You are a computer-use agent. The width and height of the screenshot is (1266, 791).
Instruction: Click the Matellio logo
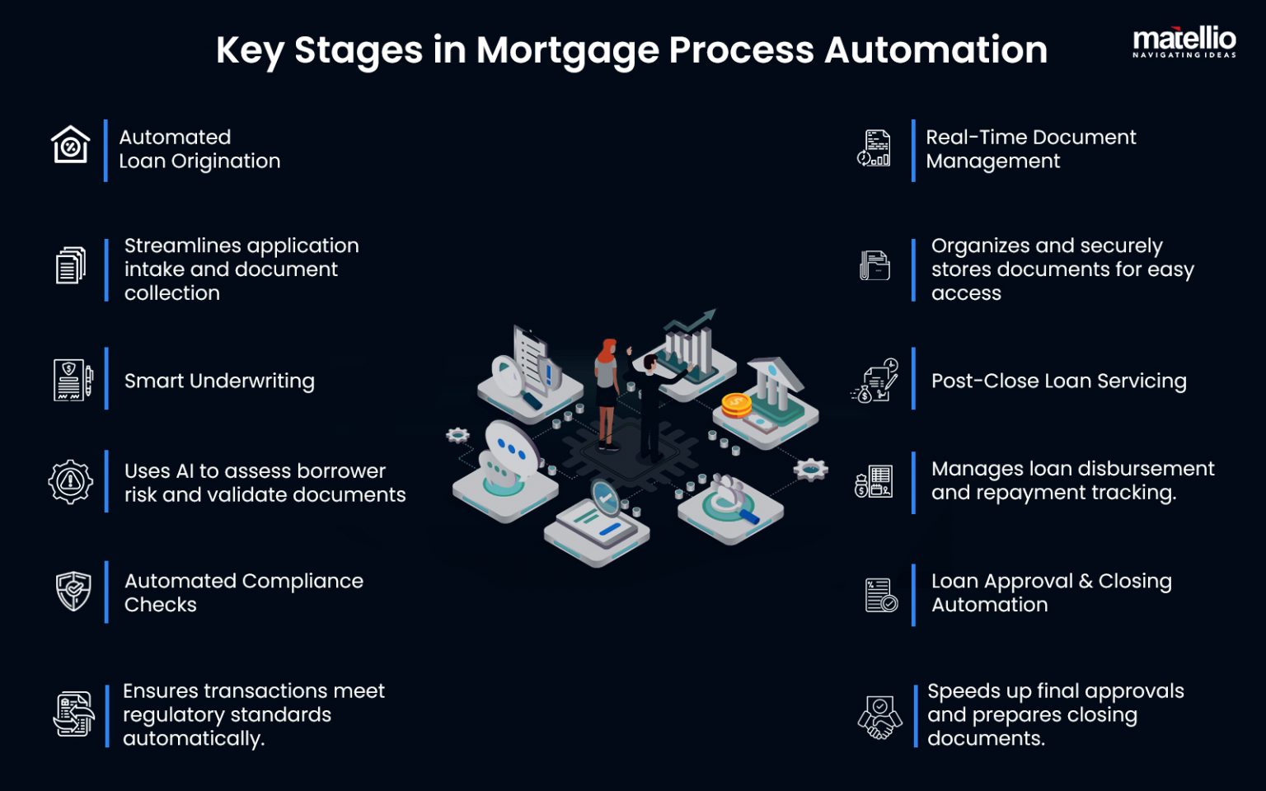1184,42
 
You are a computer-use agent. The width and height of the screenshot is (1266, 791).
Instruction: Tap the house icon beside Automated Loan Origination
70,145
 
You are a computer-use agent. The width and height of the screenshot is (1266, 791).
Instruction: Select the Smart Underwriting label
219,381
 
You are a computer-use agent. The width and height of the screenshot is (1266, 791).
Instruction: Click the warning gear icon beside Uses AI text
70,481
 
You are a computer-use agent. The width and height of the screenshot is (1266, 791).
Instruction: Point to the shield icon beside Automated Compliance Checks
73,592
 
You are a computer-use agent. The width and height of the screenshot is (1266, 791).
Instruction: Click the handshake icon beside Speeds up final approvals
879,717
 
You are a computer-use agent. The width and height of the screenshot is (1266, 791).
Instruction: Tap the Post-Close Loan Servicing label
1058,381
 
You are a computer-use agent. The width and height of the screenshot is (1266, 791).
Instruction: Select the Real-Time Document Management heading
1030,149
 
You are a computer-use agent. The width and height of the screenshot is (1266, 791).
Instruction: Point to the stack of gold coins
735,405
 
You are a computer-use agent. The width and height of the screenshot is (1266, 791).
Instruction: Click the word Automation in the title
935,50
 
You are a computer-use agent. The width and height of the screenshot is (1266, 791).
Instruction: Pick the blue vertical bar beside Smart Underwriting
106,378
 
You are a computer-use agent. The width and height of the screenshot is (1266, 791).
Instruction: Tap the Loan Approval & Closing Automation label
1051,592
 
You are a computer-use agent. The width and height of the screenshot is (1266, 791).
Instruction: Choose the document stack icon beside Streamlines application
71,266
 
